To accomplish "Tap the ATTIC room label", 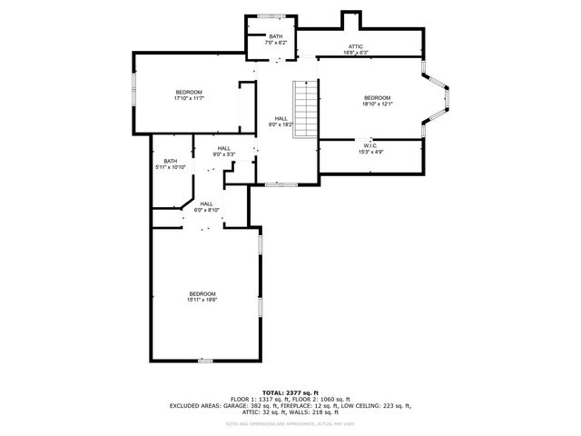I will coord(356,46).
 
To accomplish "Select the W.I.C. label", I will coord(370,145).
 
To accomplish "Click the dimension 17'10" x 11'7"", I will coord(189,98).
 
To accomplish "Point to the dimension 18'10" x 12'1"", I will coord(377,104).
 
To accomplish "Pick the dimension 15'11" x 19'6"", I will coord(202,300).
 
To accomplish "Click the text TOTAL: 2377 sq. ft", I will coord(290,391).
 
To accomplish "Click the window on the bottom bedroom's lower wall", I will coord(206,361).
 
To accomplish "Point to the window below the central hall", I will coord(287,184).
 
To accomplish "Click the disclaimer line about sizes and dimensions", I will coord(290,423).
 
